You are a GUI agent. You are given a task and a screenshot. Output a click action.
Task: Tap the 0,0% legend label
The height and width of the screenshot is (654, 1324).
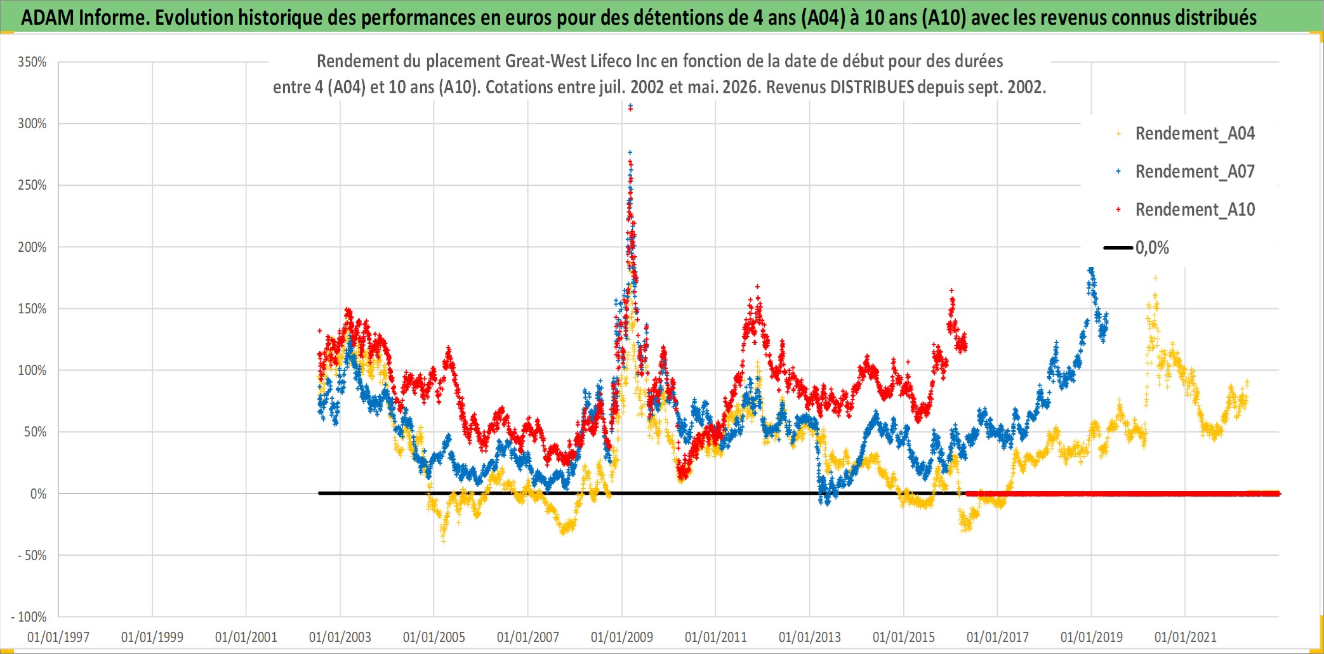pyautogui.click(x=1152, y=248)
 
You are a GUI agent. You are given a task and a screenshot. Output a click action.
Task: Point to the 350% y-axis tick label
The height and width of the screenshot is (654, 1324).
pyautogui.click(x=32, y=62)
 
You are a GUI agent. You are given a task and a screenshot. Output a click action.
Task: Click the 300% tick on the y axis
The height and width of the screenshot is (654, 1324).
pyautogui.click(x=32, y=124)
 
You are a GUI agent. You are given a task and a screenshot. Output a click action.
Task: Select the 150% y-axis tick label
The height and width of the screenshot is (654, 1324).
pyautogui.click(x=32, y=309)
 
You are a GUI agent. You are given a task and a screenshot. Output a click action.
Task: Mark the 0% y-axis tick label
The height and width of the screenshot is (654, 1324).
pyautogui.click(x=38, y=494)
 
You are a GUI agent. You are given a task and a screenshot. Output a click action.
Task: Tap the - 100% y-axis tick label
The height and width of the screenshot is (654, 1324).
pyautogui.click(x=29, y=617)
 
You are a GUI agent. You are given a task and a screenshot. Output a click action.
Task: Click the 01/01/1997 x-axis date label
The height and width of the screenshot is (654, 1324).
pyautogui.click(x=58, y=637)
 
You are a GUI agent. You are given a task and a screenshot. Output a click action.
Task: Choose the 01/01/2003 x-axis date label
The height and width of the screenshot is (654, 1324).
pyautogui.click(x=340, y=637)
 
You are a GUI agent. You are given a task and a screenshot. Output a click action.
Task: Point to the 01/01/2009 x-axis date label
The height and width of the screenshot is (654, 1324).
pyautogui.click(x=622, y=637)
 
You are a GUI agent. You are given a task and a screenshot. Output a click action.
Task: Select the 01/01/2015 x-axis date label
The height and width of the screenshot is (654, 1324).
pyautogui.click(x=904, y=637)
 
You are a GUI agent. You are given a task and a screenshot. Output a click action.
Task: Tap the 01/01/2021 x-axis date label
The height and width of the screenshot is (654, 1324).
pyautogui.click(x=1186, y=637)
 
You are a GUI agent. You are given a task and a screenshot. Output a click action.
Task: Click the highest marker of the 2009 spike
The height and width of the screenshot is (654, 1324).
pyautogui.click(x=630, y=106)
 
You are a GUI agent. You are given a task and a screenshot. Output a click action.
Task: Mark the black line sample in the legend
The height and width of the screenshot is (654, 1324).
pyautogui.click(x=1118, y=248)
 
